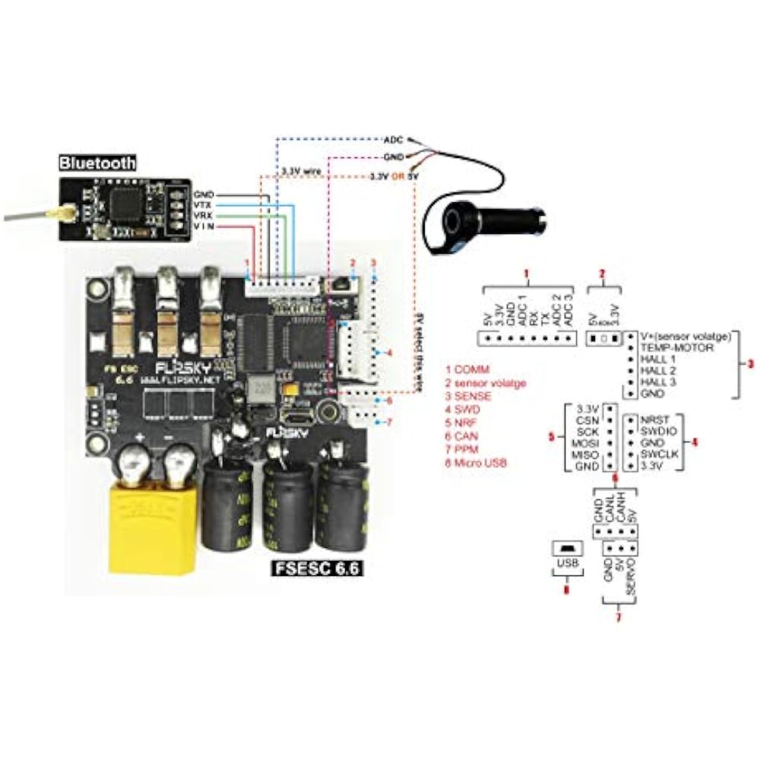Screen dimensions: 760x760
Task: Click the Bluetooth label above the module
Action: coord(97,162)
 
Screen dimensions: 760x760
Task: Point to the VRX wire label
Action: coord(204,216)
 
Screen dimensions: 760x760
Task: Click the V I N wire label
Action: coord(204,226)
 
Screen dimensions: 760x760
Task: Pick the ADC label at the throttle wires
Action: coord(393,141)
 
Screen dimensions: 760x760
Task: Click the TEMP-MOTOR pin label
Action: coord(674,347)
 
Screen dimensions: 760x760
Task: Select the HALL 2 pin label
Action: coord(657,370)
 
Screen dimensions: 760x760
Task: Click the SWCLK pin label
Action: coord(660,454)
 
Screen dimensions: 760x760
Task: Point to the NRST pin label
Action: coord(656,419)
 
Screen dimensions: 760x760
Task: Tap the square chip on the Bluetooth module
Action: coord(122,203)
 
